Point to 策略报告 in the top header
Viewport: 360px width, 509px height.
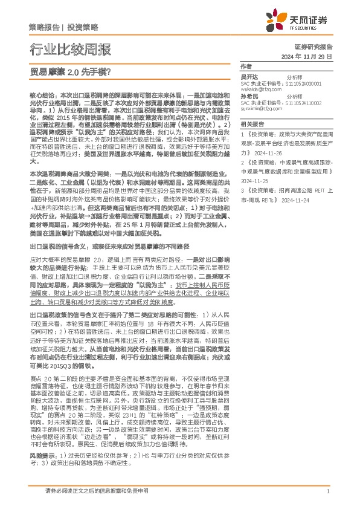pyautogui.click(x=43, y=28)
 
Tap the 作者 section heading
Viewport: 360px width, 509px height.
pyautogui.click(x=245, y=66)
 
